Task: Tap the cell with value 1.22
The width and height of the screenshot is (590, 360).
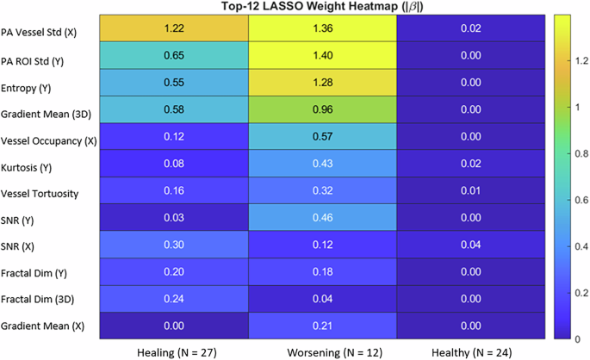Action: pos(174,28)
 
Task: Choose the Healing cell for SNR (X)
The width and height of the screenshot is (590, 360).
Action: pos(174,244)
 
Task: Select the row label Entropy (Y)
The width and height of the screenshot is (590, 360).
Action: pos(26,89)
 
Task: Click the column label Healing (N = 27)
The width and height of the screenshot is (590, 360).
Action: pos(174,352)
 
